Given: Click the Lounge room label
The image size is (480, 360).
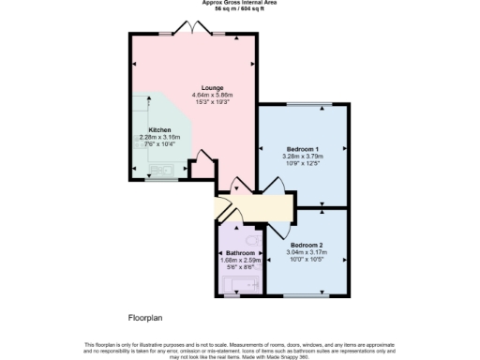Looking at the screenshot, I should (x=198, y=87).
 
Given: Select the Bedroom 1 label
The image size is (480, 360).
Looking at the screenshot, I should (x=304, y=149).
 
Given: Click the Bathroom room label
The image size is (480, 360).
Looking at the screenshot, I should (x=240, y=253).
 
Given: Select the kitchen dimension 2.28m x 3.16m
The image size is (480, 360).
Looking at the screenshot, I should (x=159, y=138).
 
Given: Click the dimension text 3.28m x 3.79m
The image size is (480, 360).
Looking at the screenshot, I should (x=304, y=157).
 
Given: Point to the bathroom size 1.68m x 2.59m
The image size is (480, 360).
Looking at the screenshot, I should (x=240, y=261).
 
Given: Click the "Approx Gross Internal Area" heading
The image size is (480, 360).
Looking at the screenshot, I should (x=240, y=3).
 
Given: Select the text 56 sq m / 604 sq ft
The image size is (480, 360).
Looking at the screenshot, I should (x=240, y=9).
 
